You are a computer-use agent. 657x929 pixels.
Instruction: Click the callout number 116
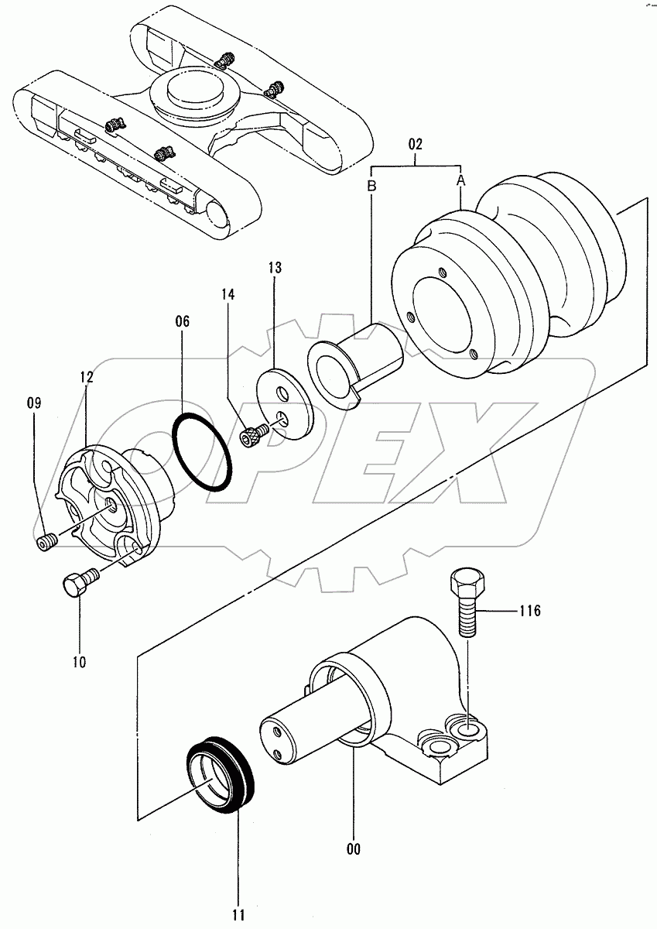[x=530, y=612]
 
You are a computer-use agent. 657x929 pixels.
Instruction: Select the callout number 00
[x=354, y=849]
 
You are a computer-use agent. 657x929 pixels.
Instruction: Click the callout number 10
[x=79, y=662]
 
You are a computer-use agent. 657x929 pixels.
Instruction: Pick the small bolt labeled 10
[x=77, y=582]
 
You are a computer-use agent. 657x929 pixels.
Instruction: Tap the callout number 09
[x=34, y=403]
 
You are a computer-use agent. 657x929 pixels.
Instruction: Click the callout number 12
[x=86, y=377]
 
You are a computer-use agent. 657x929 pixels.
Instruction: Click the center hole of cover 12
[x=111, y=505]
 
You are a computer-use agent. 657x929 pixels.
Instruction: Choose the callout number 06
[x=181, y=321]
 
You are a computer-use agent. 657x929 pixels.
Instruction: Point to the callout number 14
[x=227, y=295]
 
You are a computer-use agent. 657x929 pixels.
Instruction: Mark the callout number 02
[x=416, y=144]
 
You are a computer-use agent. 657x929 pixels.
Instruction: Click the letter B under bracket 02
[x=371, y=186]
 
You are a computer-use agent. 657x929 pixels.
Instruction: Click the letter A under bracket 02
[x=461, y=180]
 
